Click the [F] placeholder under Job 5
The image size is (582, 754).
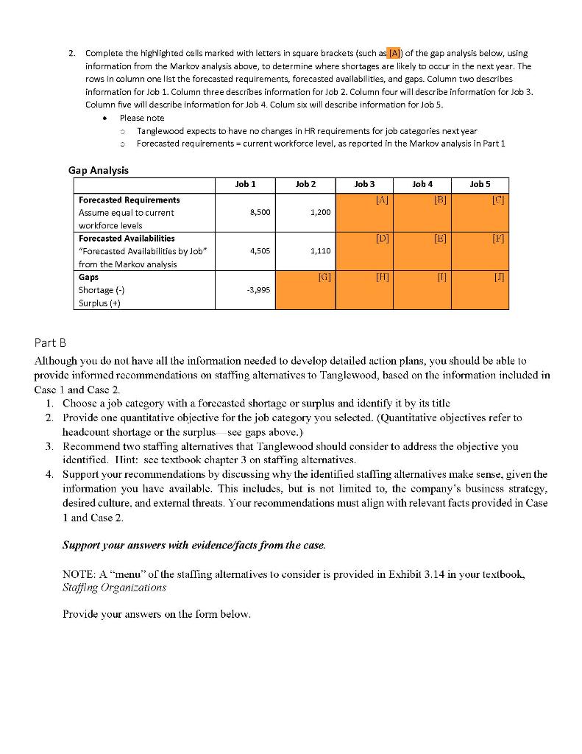498,239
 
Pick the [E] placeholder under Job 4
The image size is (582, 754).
439,239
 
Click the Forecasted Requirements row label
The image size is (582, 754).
129,200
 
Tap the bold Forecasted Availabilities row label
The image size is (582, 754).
127,238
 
